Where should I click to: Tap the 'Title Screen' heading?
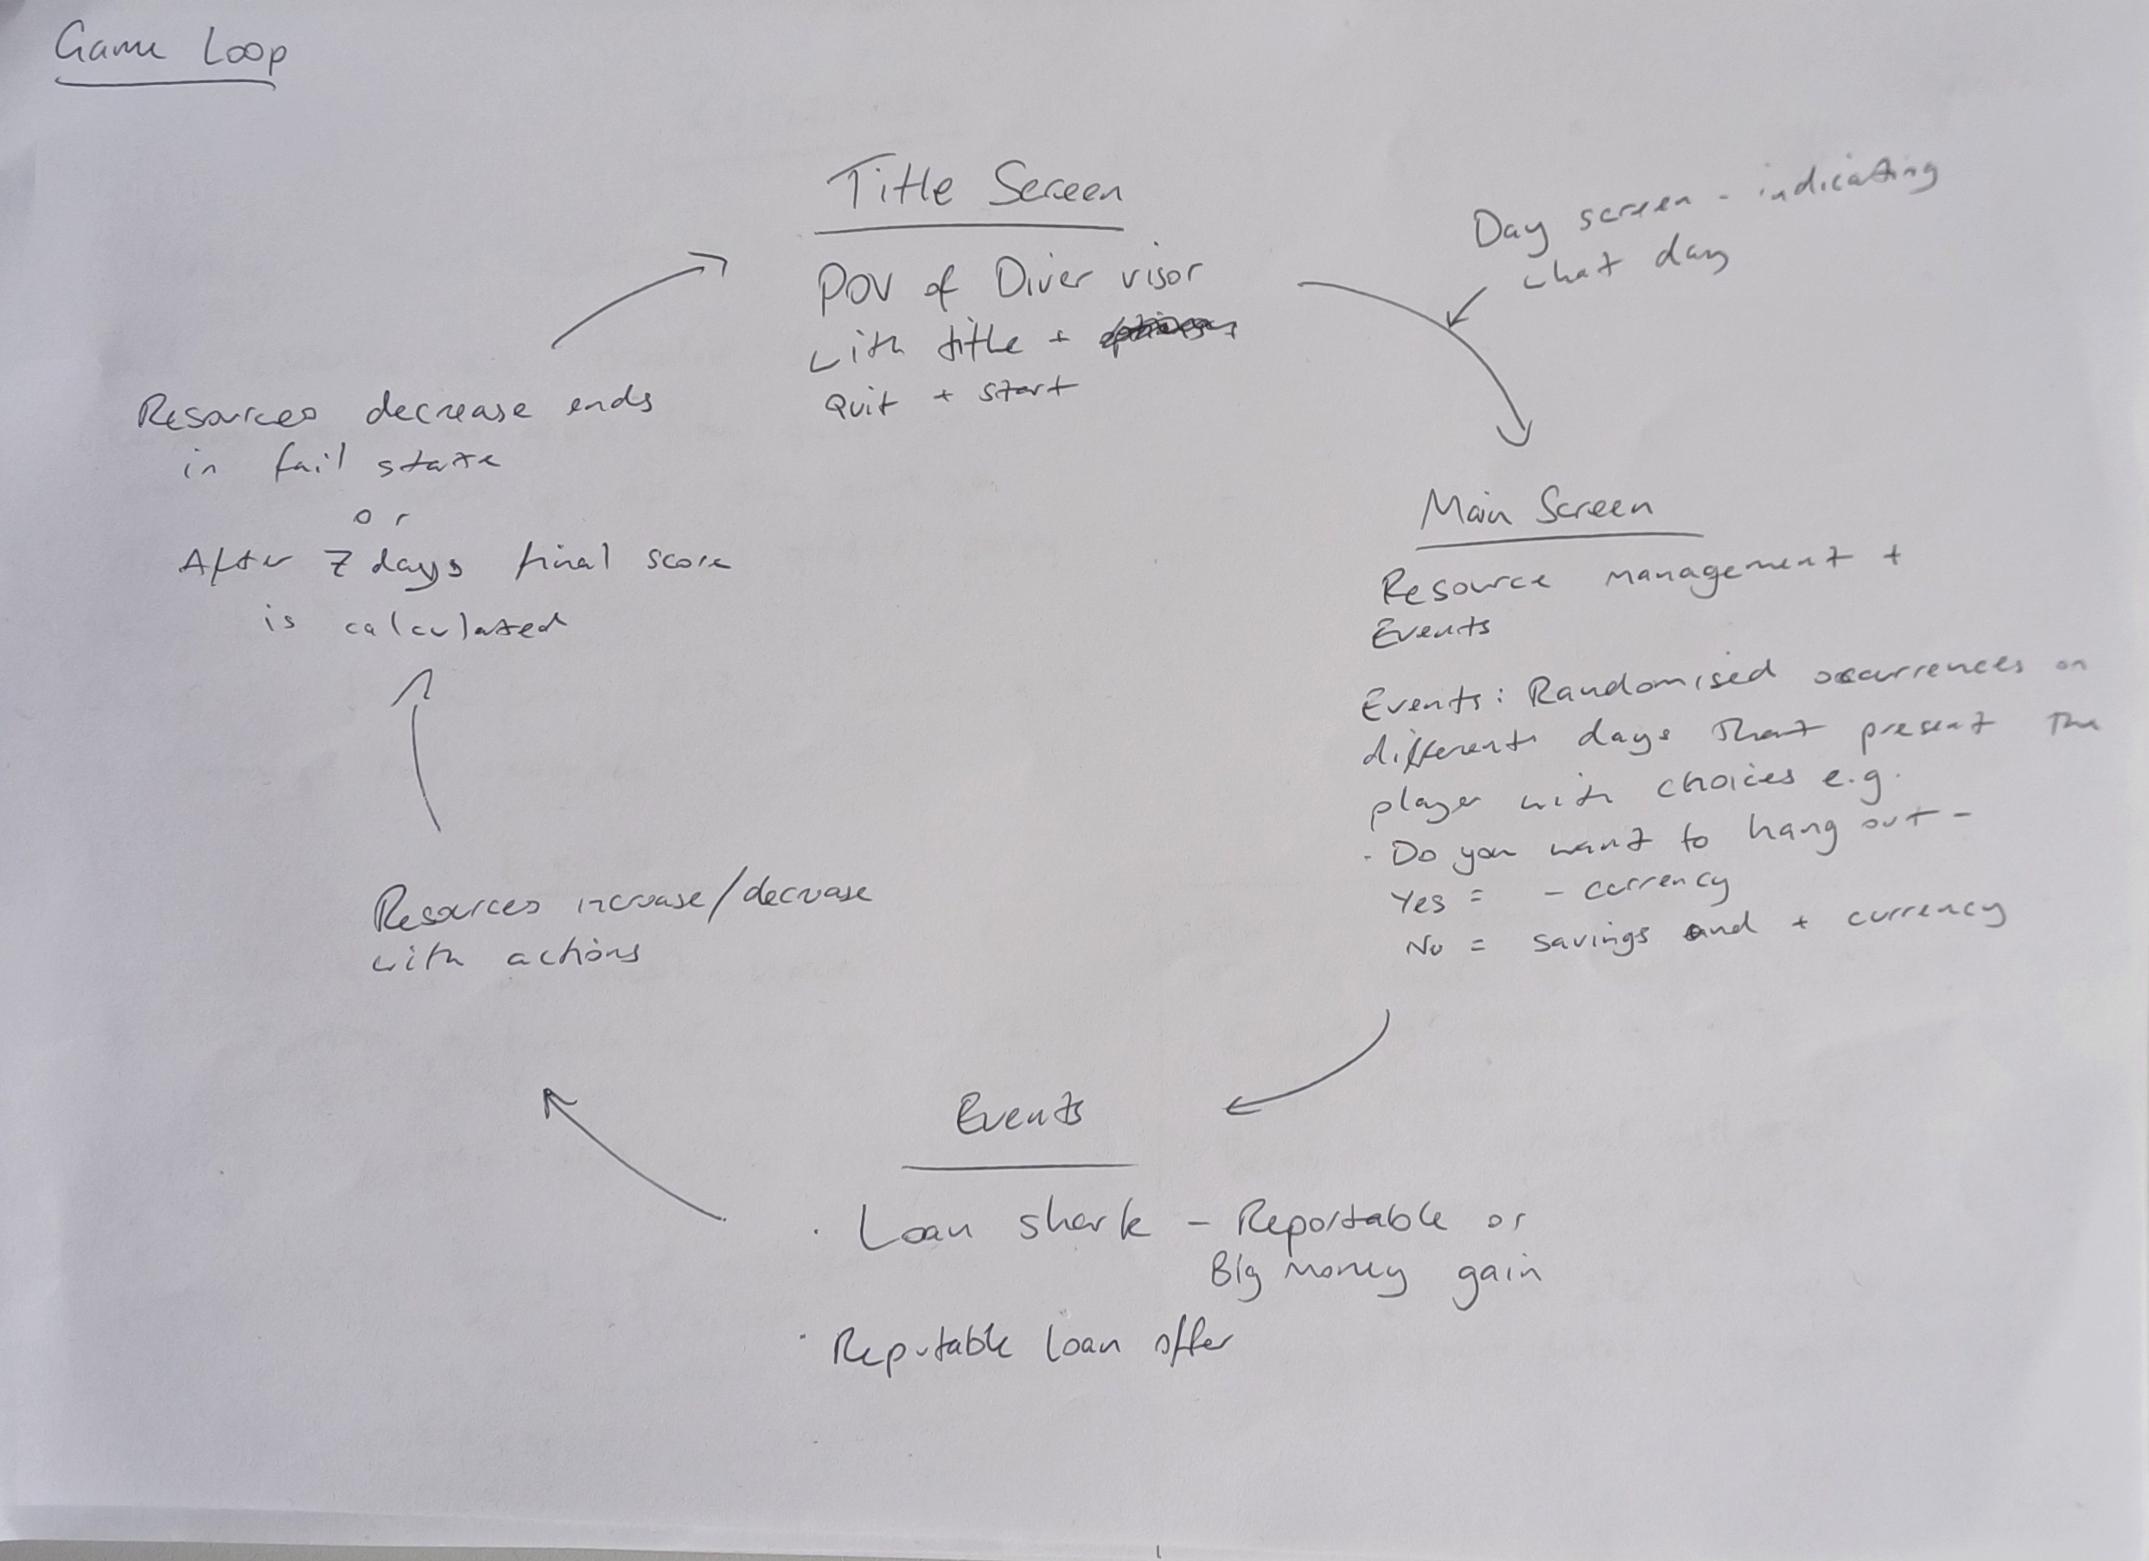click(x=974, y=188)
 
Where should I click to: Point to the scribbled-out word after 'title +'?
click(x=1167, y=332)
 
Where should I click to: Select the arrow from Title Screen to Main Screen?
click(x=1440, y=332)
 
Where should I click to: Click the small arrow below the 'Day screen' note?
click(x=1467, y=307)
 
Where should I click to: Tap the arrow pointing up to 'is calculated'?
click(x=420, y=749)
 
